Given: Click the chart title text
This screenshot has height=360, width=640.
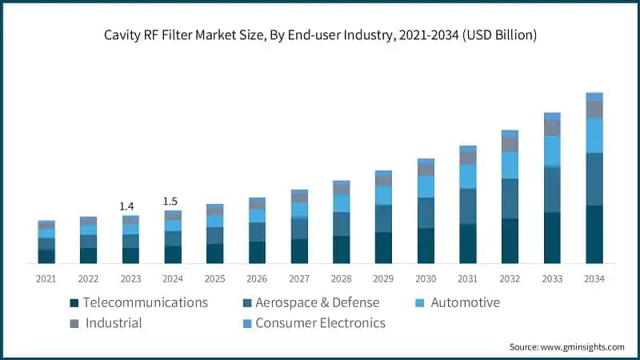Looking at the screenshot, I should point(320,35).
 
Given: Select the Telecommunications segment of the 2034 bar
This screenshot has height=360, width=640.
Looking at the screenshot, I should point(594,234).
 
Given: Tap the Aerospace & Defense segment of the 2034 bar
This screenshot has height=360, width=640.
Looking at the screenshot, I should point(594,179).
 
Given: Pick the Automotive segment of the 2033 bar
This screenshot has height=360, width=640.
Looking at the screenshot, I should point(552,151).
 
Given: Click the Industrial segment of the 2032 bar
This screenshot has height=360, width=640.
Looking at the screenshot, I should point(510,144).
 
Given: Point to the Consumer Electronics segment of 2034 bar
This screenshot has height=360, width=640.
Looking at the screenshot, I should point(594,97).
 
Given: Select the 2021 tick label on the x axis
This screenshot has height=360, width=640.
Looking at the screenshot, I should point(46,278).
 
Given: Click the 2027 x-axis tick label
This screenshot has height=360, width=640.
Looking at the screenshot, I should point(299,278).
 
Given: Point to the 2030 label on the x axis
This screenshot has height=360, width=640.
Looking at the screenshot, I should point(426,278).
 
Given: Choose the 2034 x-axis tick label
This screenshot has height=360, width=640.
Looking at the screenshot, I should point(594,278).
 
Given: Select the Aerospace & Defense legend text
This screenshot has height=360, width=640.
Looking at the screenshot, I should point(318,302).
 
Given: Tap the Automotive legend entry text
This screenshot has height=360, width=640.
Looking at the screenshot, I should point(465,302).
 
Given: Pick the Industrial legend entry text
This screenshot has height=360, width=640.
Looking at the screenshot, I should point(114,323).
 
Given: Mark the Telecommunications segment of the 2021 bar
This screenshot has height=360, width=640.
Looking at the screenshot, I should point(46,257).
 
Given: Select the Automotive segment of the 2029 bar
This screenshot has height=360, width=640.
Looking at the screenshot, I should point(383,195).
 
